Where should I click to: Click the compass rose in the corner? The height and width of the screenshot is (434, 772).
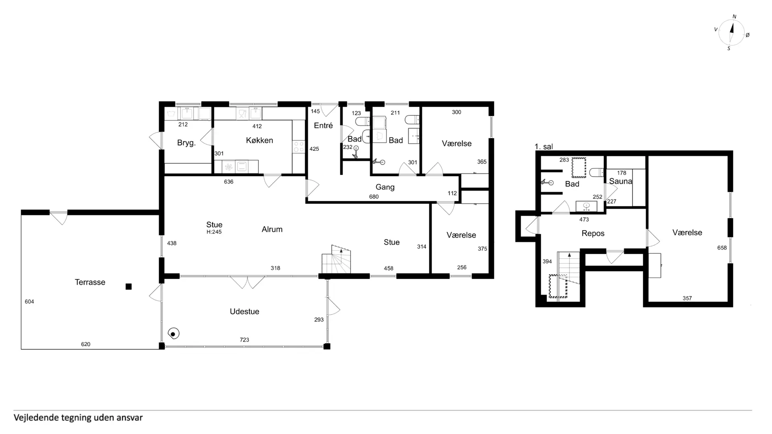tap(731, 33)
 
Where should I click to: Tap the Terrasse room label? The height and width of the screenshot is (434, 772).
tap(90, 282)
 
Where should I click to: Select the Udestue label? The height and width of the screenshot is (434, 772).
tap(244, 312)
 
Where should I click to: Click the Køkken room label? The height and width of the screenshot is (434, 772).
tap(259, 140)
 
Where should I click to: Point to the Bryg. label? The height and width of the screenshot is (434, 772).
tap(186, 143)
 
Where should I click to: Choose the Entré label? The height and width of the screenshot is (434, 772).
tap(323, 125)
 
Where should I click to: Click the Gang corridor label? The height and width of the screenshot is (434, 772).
tap(385, 187)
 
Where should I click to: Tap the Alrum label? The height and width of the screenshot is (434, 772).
tap(272, 229)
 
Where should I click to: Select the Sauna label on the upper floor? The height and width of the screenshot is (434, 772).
tap(620, 181)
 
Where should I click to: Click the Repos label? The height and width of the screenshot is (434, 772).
tap(593, 233)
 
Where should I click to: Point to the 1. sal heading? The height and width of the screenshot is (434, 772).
tap(544, 147)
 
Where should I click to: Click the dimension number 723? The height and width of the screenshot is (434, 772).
tap(244, 340)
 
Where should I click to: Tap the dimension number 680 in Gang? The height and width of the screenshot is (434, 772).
tap(374, 197)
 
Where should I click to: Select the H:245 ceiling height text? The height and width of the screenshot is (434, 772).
tap(214, 232)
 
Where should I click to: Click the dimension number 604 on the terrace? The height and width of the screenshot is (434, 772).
tap(29, 302)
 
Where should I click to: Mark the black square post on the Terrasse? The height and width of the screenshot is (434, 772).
tap(129, 287)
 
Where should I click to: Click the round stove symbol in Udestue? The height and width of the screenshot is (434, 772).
tap(173, 334)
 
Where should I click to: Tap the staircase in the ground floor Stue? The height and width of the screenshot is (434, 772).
tap(336, 259)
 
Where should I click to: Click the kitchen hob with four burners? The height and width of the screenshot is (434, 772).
tap(299, 146)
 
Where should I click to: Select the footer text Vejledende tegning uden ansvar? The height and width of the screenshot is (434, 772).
tap(78, 418)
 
